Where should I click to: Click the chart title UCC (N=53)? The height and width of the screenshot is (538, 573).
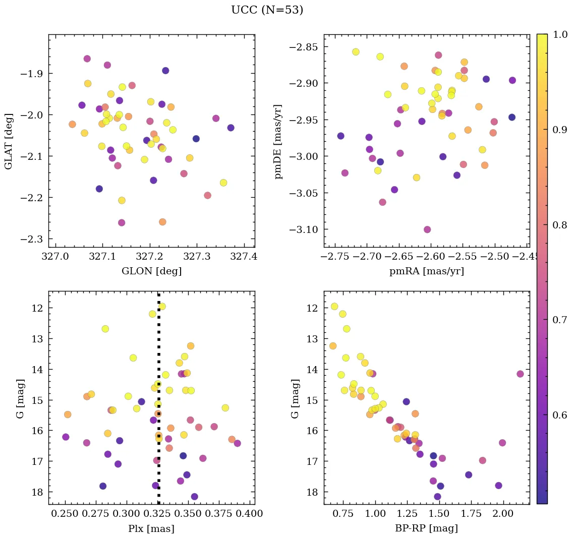click(x=267, y=10)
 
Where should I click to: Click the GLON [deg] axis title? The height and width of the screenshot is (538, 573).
click(x=151, y=271)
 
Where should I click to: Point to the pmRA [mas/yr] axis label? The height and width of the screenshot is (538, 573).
click(x=427, y=271)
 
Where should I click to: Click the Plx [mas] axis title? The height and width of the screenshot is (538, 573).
click(x=151, y=528)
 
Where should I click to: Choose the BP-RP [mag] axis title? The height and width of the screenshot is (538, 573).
click(x=427, y=528)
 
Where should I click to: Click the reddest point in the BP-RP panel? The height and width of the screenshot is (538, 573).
click(x=520, y=374)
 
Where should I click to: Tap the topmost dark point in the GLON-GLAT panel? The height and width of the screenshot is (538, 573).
click(x=165, y=71)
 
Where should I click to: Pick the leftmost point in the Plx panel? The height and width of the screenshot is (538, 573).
click(x=66, y=437)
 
